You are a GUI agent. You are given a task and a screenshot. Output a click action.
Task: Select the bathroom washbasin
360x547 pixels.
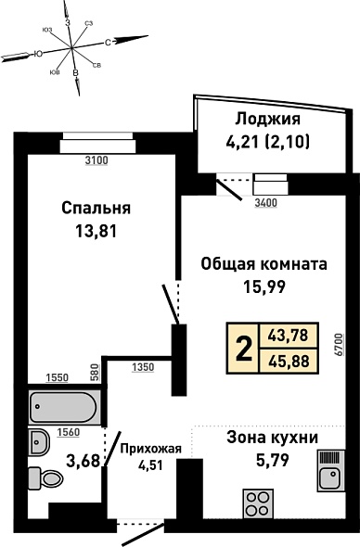coord(39,442)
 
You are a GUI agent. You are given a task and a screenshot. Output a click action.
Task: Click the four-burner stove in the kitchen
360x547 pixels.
coord(258,504)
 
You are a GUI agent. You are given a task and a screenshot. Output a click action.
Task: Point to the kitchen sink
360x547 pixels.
coord(331,470)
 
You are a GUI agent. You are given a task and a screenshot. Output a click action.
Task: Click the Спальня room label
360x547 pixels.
coord(96,209)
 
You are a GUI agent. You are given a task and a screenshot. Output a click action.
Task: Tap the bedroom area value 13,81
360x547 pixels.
coord(96,231)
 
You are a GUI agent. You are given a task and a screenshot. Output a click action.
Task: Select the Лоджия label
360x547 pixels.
coord(267,120)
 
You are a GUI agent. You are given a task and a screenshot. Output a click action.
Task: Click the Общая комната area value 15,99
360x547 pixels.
coord(264,286)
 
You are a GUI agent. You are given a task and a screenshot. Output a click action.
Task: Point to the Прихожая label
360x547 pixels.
coord(151,449)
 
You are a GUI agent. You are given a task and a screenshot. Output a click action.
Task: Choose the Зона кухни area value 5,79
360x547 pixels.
coord(273,461)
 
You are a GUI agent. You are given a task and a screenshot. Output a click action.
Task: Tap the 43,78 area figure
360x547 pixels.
coord(289,336)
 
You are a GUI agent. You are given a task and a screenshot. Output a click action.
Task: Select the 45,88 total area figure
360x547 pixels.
coord(289,362)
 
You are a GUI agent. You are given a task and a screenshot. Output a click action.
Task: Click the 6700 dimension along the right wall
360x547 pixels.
coord(339,344)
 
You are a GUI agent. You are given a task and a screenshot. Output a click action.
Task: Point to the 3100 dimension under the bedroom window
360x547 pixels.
coord(97,160)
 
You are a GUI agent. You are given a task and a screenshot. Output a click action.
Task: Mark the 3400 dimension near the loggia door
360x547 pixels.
coord(265,202)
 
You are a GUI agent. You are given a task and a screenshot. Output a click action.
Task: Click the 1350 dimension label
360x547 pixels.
coord(143,367)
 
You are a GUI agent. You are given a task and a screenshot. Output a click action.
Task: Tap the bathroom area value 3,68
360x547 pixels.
coord(84,461)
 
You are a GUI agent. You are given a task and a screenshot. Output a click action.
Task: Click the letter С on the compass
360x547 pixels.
coord(109,43)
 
